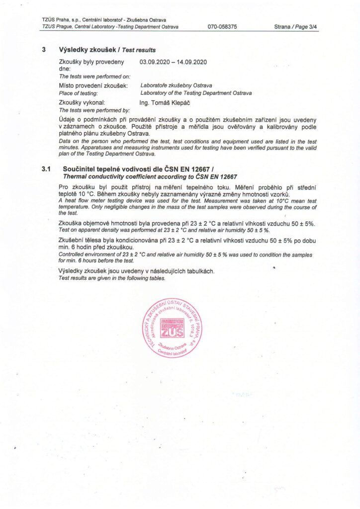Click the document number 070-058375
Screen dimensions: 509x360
coord(222,26)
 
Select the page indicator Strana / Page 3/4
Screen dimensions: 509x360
coord(296,26)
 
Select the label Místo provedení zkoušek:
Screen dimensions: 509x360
coord(93,86)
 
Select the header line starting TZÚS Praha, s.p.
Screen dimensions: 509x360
coord(104,19)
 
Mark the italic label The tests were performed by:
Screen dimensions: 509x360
coord(94,109)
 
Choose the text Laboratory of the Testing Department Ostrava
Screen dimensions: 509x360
coord(196,93)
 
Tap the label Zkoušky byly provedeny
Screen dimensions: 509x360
coord(91,62)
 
